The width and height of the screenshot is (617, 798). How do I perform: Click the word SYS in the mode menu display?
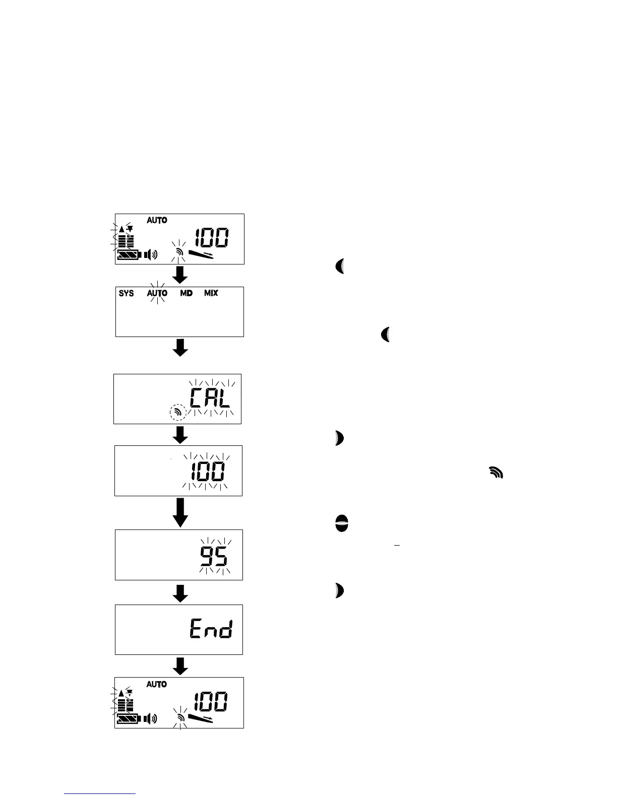[x=126, y=293]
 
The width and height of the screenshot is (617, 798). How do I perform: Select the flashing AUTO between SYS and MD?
[x=157, y=293]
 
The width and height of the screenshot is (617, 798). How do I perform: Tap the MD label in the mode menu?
[x=187, y=293]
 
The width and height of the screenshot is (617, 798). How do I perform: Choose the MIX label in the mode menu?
[x=211, y=293]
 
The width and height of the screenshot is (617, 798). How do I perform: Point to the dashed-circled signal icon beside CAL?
[x=177, y=412]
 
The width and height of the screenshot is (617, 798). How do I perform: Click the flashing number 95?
[x=214, y=557]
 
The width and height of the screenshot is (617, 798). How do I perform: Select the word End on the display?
[x=211, y=629]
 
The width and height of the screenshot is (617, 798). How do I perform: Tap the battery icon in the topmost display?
[x=129, y=255]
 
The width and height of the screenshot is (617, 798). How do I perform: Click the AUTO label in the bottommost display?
[x=157, y=684]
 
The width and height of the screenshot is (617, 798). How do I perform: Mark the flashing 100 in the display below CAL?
[x=208, y=472]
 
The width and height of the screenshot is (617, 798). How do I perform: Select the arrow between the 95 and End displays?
[x=180, y=592]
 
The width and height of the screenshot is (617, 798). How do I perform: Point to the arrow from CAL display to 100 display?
[x=180, y=435]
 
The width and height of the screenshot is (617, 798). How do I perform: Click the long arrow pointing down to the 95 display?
[x=180, y=512]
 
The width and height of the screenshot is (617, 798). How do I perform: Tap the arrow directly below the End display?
[x=180, y=666]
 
